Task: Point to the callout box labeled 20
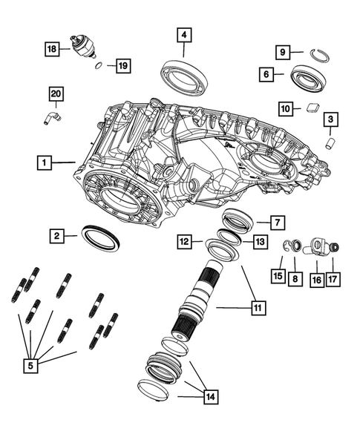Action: coord(57,93)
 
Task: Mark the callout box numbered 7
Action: coord(275,223)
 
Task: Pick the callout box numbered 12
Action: coord(185,241)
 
